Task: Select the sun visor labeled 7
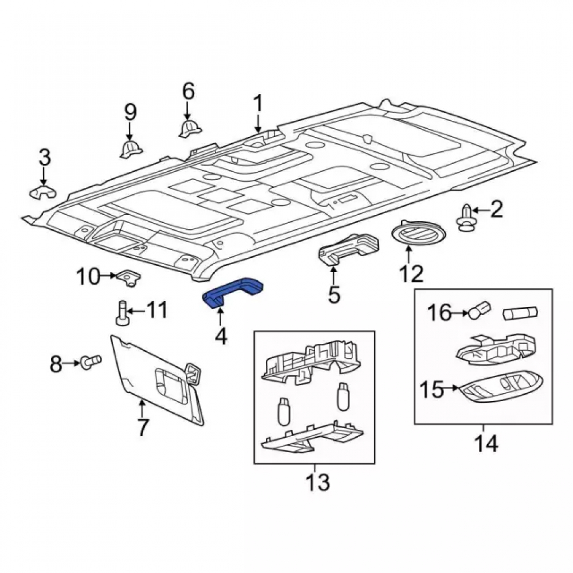157,380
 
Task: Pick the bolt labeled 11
121,312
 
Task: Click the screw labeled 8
91,363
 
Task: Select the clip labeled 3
42,192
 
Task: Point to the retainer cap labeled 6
190,128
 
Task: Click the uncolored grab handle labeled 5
349,249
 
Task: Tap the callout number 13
318,482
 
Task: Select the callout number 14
486,444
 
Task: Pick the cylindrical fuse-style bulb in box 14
520,313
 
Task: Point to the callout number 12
411,274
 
